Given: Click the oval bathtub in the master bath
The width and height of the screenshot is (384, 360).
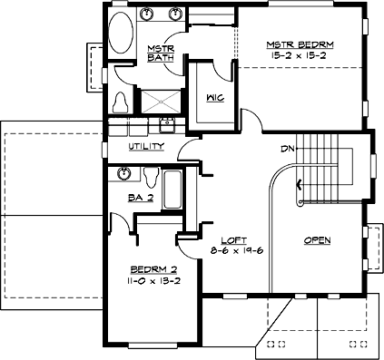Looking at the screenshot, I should coord(118,35).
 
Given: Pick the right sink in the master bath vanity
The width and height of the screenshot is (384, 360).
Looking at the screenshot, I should coord(173,15).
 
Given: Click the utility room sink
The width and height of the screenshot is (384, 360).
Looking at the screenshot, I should coord(167,125).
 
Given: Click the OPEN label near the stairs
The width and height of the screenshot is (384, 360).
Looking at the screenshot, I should coord(316,240).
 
